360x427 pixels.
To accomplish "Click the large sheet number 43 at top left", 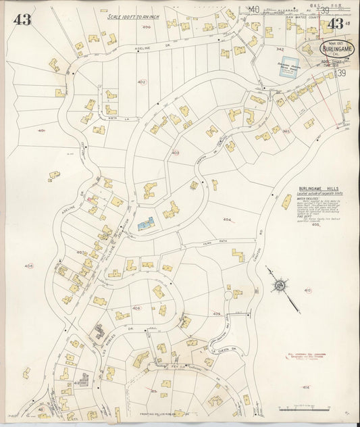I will click(x=22, y=19).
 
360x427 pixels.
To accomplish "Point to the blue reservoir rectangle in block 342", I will click(x=286, y=70).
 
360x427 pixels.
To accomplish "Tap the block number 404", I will click(x=227, y=220).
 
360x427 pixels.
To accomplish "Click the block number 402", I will click(x=141, y=82).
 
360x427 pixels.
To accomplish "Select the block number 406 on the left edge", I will click(x=28, y=266).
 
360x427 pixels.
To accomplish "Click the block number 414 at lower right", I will click(x=305, y=387).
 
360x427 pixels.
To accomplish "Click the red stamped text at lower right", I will click(x=301, y=355).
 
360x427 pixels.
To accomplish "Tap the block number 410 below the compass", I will click(x=307, y=291).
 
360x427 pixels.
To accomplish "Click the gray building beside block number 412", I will click(x=85, y=379).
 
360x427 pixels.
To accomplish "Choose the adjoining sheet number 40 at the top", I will click(x=253, y=9).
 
